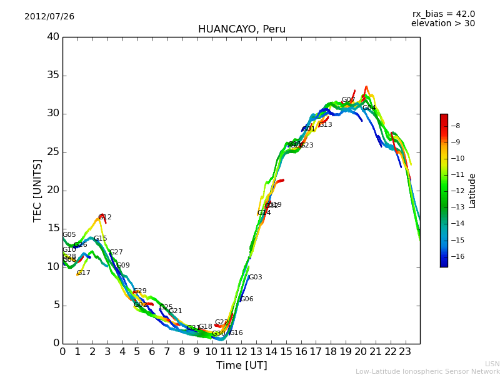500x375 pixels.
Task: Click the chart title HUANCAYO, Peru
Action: tap(241, 29)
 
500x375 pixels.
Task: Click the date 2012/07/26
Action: tap(49, 17)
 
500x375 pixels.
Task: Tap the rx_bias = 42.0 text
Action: tap(443, 14)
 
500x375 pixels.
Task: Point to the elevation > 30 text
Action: tap(442, 24)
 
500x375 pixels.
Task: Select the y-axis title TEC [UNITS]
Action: tap(38, 190)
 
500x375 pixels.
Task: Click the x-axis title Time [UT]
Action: tap(241, 366)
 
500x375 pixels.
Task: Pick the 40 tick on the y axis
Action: tap(53, 37)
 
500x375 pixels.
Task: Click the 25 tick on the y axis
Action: tap(53, 152)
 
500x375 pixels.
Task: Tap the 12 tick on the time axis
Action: tap(241, 351)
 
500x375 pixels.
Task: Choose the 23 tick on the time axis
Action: tap(405, 351)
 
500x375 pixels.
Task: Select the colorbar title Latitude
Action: tap(472, 191)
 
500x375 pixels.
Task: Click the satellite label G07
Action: tap(348, 100)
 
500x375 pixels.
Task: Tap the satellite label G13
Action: tap(325, 125)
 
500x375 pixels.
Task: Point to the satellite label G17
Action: tap(84, 273)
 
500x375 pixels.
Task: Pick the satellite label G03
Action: tap(256, 277)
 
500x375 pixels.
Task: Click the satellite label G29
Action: tap(140, 291)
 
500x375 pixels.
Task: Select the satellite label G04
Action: tap(369, 108)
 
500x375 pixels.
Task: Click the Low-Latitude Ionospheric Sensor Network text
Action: tap(427, 372)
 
